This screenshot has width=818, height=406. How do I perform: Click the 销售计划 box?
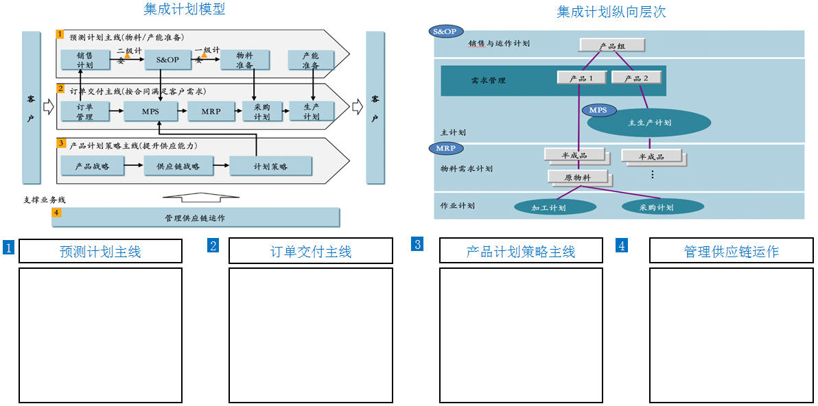coord(85,60)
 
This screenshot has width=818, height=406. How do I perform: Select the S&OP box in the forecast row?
coord(167,60)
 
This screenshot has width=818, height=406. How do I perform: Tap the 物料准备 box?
coord(244,60)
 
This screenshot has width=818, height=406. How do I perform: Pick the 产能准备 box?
coord(311,60)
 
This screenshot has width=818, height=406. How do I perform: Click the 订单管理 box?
coord(85,111)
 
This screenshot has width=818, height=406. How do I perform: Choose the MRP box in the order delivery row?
coord(211,111)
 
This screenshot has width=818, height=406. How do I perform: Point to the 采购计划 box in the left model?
coord(261,111)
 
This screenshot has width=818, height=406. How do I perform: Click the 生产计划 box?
coord(311,111)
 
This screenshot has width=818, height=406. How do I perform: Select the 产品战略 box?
coord(93,166)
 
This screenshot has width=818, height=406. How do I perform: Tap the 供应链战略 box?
coord(178,166)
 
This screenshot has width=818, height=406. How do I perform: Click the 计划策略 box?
coord(270,166)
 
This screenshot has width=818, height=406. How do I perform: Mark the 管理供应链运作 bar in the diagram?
coord(196,217)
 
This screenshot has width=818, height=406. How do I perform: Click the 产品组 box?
coord(612,45)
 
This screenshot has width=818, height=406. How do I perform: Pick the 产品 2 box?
coord(636,77)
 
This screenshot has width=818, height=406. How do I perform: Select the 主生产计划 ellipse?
coord(649,123)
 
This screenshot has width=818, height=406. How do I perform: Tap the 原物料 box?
coord(578,177)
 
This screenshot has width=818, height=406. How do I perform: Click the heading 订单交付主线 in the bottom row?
coord(310,252)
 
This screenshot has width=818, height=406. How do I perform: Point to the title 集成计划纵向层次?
coord(611,12)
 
